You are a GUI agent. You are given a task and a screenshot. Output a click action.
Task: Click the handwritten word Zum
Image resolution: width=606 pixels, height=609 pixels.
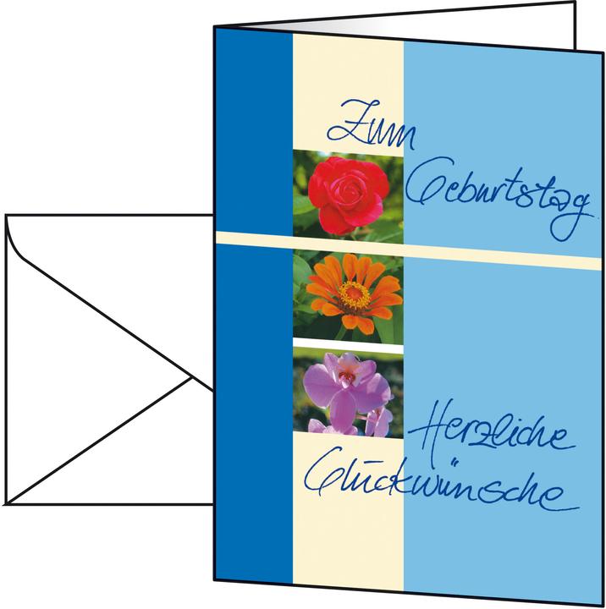pyautogui.click(x=372, y=125)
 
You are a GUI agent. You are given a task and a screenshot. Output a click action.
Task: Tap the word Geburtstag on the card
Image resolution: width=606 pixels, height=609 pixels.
pyautogui.click(x=499, y=196)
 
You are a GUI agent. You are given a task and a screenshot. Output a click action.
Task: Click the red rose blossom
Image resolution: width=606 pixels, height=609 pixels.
pyautogui.click(x=349, y=195)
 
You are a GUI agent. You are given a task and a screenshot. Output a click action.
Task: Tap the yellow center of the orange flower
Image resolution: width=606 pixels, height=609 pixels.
pyautogui.click(x=354, y=294)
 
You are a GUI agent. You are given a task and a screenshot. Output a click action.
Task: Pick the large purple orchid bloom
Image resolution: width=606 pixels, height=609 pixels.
pyautogui.click(x=346, y=388)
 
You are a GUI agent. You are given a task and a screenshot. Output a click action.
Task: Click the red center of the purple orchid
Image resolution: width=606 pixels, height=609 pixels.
pyautogui.click(x=346, y=376)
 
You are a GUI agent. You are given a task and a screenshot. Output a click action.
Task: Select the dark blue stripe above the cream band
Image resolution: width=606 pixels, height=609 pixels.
pyautogui.click(x=254, y=130)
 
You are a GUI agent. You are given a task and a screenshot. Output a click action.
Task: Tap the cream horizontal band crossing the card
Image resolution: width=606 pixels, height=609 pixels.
pyautogui.click(x=408, y=250)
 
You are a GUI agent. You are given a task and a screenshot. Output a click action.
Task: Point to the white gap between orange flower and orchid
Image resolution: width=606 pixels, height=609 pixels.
pyautogui.click(x=348, y=345)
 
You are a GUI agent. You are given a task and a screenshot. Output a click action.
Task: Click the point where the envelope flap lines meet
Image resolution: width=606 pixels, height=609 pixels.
pyautogui.click(x=191, y=376)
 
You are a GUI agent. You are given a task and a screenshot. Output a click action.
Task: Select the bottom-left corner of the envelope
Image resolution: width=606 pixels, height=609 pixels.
pyautogui.click(x=6, y=504)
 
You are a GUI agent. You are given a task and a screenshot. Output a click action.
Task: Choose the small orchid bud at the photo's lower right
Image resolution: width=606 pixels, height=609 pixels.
pyautogui.click(x=379, y=421)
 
